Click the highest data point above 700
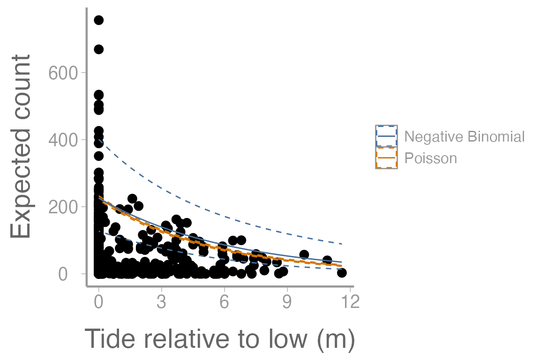(98, 20)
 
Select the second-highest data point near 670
(98, 49)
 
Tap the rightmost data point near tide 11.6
(342, 273)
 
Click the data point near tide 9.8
(304, 255)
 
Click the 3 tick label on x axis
(161, 302)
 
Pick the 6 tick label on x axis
(224, 302)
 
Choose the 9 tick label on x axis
(287, 302)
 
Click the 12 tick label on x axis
(349, 302)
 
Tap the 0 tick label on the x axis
(98, 302)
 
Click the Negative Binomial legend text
(464, 136)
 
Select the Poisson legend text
(430, 158)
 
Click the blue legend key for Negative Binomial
(386, 136)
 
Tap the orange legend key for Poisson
(386, 158)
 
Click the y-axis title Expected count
(22, 146)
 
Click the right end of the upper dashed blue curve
(342, 244)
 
